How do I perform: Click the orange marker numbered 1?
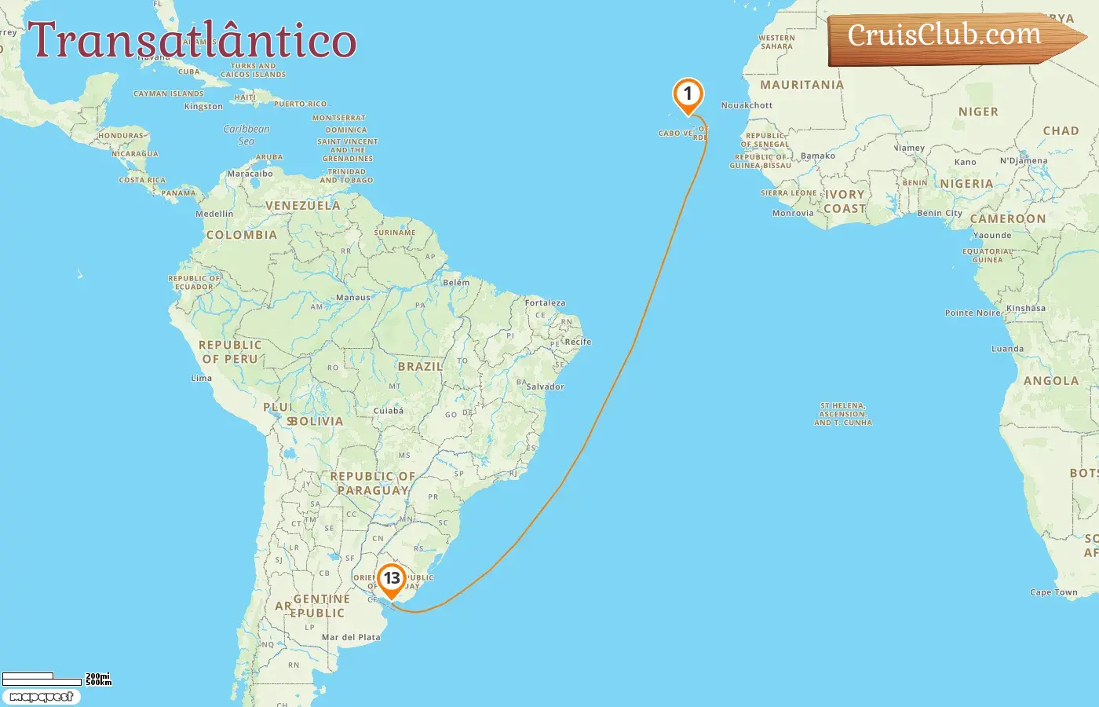click(688, 95)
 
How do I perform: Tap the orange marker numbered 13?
click(391, 580)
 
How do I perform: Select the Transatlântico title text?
click(192, 41)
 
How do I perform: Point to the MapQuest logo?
click(41, 697)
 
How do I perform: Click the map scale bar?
click(42, 678)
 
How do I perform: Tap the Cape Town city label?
click(1053, 592)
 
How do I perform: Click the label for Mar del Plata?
click(351, 637)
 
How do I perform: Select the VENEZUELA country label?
click(302, 206)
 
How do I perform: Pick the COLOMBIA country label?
click(241, 235)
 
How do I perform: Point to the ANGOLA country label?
click(1050, 381)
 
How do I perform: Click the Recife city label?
click(578, 342)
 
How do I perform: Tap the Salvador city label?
click(545, 386)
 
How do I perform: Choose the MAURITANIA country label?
click(801, 85)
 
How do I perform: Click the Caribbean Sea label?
click(246, 135)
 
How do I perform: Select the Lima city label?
click(202, 378)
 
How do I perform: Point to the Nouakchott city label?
click(747, 105)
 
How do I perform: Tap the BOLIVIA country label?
click(316, 421)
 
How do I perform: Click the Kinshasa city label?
click(1025, 309)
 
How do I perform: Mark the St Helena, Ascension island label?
click(843, 414)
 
